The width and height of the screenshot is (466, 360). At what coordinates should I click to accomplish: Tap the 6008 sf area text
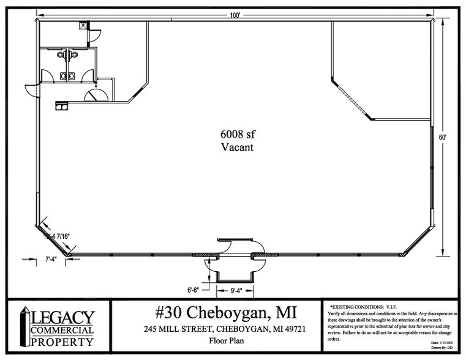click(x=236, y=134)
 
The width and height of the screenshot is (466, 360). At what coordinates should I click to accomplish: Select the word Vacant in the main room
click(x=236, y=148)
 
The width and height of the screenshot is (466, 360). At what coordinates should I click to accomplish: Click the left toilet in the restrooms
click(x=61, y=54)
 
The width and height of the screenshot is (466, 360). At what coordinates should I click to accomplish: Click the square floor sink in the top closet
click(x=83, y=25)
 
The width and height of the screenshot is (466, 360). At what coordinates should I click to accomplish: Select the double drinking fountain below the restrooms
click(x=61, y=105)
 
